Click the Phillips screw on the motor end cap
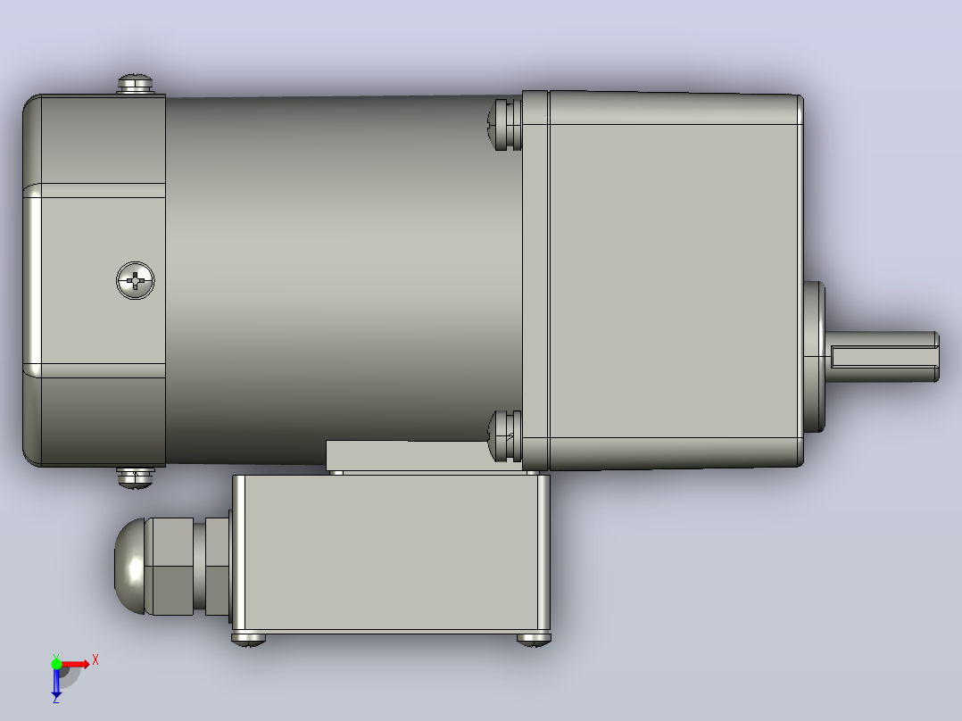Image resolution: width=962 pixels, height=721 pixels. (x=135, y=281)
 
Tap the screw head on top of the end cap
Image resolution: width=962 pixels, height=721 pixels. (x=135, y=84)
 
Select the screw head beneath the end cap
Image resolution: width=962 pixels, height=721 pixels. (x=136, y=477)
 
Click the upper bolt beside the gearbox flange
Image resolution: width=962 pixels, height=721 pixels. (x=505, y=124)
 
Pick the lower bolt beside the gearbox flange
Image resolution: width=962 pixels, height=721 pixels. (x=505, y=435)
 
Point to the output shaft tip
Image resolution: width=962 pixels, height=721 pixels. (x=936, y=357)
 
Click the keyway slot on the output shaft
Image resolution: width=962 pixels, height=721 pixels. (x=883, y=357)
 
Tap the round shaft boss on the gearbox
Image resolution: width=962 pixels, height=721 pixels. (x=814, y=357)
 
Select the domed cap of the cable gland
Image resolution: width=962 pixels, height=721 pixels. (x=129, y=567)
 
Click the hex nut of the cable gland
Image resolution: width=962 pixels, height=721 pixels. (x=169, y=567)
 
